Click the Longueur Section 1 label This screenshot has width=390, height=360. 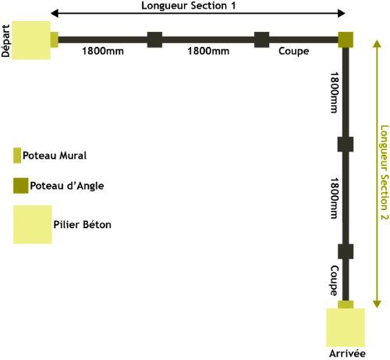click(x=189, y=5)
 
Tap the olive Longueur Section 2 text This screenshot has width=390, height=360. click(x=385, y=173)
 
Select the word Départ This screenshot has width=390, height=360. click(x=5, y=41)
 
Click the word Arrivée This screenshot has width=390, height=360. click(x=347, y=354)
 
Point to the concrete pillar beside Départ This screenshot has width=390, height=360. click(x=31, y=41)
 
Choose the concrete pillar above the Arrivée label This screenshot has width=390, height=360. click(x=346, y=327)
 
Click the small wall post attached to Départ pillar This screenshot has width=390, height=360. click(x=55, y=40)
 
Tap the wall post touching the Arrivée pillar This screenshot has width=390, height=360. click(x=346, y=305)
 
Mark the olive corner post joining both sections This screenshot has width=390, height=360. click(x=346, y=40)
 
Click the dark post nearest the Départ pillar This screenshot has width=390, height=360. click(x=154, y=40)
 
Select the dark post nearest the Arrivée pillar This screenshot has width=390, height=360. click(x=346, y=251)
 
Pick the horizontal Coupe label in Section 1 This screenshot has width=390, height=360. click(x=294, y=52)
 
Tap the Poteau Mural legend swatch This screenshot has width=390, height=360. click(x=17, y=155)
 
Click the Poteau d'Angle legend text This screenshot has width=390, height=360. click(x=67, y=186)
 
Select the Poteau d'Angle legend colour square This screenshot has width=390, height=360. click(x=21, y=186)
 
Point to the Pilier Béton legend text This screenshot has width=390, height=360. click(x=82, y=224)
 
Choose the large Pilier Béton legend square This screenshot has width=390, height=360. click(x=33, y=225)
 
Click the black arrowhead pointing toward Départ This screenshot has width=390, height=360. click(x=55, y=13)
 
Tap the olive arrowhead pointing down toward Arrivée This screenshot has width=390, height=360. click(x=377, y=305)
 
